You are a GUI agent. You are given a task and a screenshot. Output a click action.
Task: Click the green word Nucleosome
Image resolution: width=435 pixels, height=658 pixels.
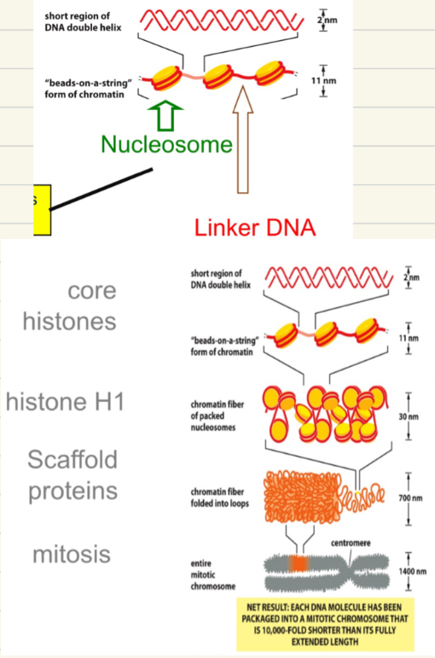click(x=165, y=144)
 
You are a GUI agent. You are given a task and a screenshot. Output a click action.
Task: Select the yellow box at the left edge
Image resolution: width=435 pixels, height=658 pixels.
click(x=42, y=208)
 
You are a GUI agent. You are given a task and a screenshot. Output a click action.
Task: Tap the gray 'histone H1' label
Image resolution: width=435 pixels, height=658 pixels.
click(x=65, y=401)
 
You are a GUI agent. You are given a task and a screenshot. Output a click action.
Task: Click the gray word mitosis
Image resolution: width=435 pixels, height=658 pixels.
click(x=72, y=554)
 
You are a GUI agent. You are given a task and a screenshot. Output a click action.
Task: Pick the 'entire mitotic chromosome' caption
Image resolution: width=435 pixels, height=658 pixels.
click(x=208, y=574)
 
